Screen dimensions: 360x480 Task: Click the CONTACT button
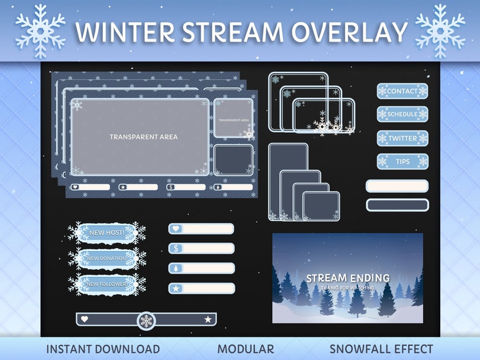pos(403,91)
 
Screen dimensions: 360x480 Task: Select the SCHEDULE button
pos(403,114)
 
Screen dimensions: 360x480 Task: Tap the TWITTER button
pos(403,138)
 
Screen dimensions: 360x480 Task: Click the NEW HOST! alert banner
pos(106,233)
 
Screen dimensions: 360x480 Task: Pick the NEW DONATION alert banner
pos(106,259)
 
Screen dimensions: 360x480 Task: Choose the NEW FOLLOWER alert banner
pos(106,284)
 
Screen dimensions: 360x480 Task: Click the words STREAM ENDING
pos(348,278)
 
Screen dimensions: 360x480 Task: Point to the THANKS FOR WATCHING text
pos(348,288)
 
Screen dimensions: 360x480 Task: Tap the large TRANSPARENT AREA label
pos(143,137)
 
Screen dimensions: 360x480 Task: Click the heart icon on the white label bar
pos(176,229)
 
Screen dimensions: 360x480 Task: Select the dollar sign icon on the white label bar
pos(176,248)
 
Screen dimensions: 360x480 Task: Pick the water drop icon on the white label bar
pos(176,268)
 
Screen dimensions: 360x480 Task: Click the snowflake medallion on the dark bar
pos(146,321)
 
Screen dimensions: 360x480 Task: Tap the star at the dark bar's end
pos(208,319)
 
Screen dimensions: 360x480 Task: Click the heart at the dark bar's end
pos(85,319)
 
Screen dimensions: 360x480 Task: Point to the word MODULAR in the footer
pos(245,349)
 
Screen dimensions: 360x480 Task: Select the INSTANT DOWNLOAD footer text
pos(103,349)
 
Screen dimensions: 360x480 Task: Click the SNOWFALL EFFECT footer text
pos(381,349)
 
